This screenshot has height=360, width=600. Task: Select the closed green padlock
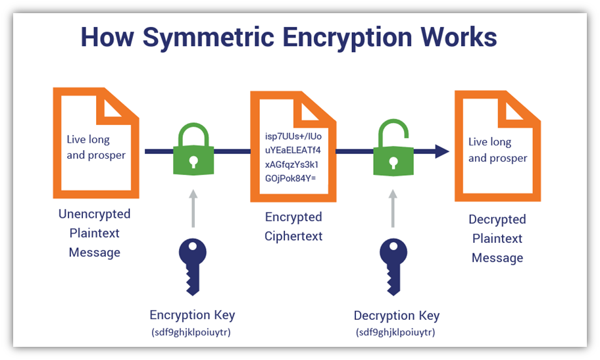pyautogui.click(x=192, y=153)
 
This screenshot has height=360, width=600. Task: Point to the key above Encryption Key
pyautogui.click(x=192, y=263)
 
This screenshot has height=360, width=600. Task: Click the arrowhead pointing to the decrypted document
pyautogui.click(x=441, y=152)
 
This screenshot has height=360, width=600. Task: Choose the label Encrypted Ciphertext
pyautogui.click(x=293, y=226)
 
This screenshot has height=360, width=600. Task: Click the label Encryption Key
pyautogui.click(x=192, y=315)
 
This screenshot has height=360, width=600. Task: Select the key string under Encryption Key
pyautogui.click(x=191, y=332)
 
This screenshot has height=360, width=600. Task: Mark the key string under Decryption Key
pyautogui.click(x=396, y=332)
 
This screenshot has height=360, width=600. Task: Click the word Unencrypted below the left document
pyautogui.click(x=95, y=215)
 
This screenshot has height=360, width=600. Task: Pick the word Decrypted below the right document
pyautogui.click(x=497, y=219)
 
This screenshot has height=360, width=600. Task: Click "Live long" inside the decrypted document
pyautogui.click(x=489, y=142)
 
